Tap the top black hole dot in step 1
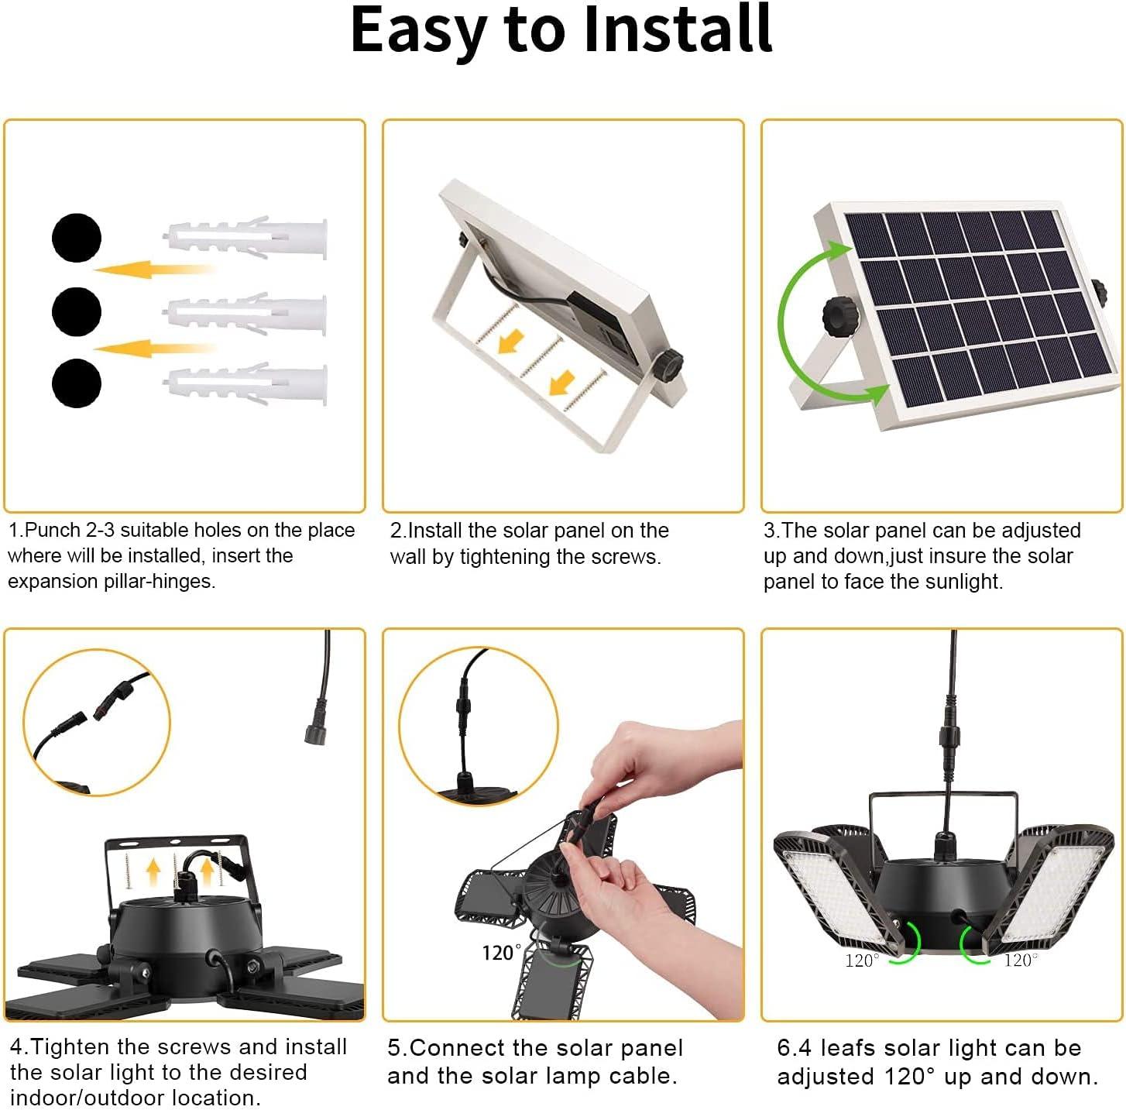77,238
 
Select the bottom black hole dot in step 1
77,383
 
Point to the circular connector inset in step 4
97,723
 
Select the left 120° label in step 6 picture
862,961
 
